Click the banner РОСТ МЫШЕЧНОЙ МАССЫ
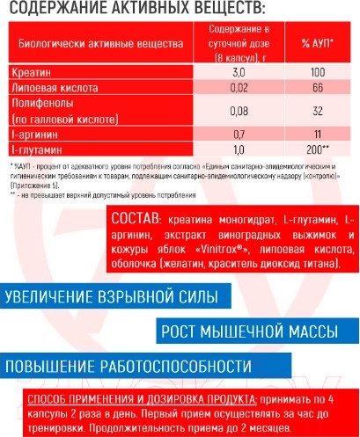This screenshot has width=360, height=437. [249, 331]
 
